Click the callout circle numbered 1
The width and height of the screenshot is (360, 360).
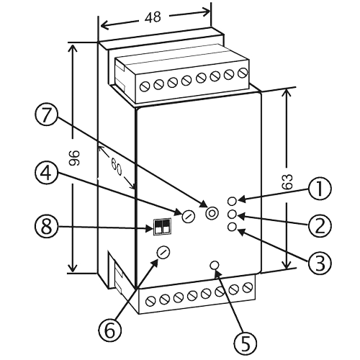pos(320,189)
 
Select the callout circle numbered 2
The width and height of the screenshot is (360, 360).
pos(320,226)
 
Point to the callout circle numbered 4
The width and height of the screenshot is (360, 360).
pos(46,173)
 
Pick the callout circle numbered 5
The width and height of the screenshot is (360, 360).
pos(245,343)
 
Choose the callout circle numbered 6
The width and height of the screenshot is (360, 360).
pos(110,330)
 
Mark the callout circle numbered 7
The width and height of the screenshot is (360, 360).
pos(46,114)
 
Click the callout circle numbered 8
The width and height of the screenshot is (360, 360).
pos(46,226)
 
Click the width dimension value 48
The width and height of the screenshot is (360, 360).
pos(153,17)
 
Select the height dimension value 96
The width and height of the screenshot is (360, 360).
pos(74,158)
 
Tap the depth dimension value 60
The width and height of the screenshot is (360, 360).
pos(117,166)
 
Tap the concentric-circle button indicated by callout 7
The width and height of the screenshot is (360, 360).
pos(212,213)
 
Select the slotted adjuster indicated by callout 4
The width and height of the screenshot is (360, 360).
pos(188,215)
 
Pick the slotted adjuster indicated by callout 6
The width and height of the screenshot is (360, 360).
pos(163,252)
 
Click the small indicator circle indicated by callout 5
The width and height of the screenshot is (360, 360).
pos(215,265)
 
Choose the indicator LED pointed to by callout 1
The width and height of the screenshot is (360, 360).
pos(232,201)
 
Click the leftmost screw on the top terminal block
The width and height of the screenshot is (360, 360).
pos(145,86)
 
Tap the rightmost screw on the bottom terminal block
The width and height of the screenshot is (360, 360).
pos(248,288)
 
